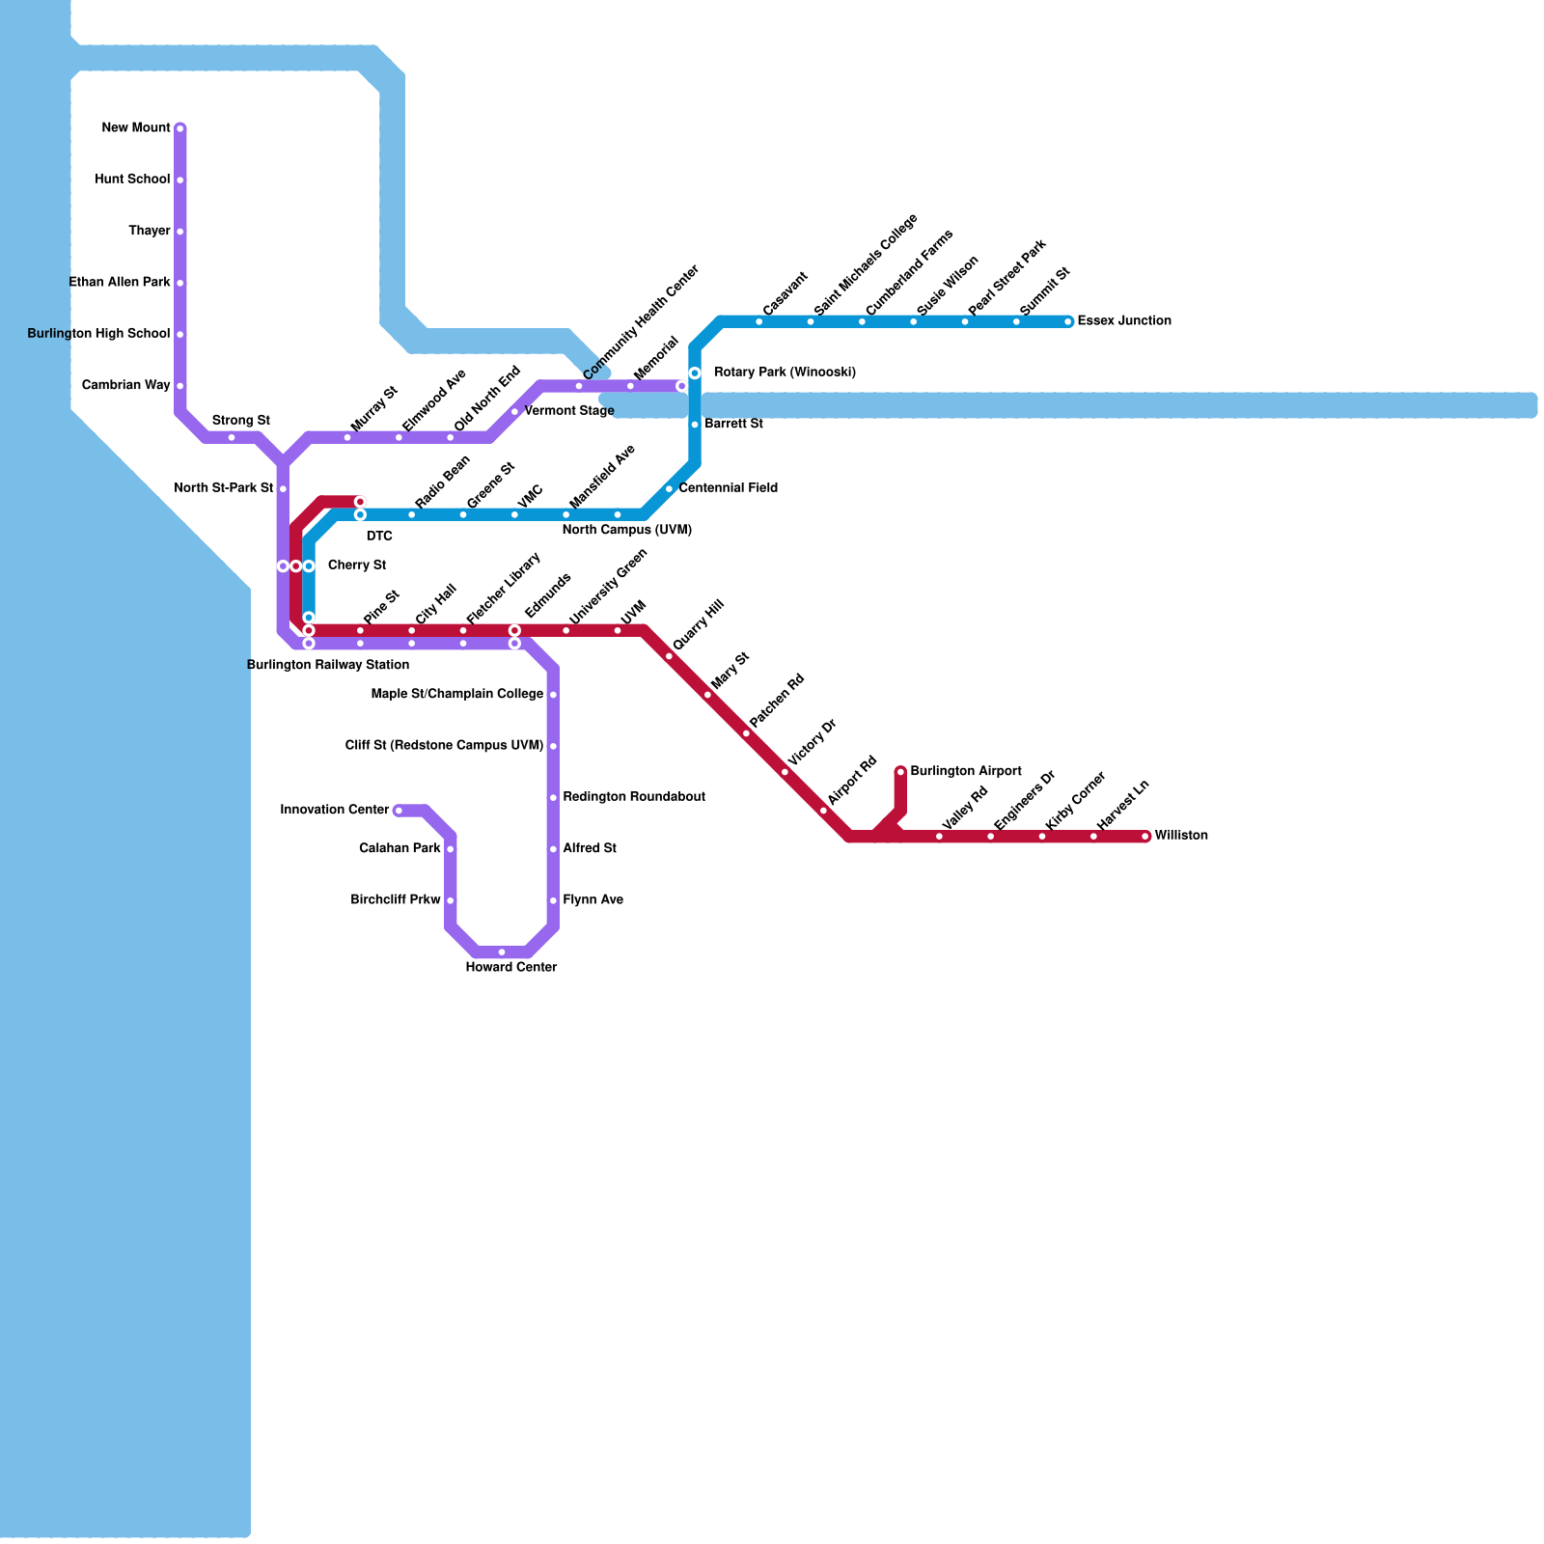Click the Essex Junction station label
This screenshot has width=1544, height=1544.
1124,321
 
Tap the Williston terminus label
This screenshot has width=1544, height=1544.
1181,836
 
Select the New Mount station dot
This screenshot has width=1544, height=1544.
180,128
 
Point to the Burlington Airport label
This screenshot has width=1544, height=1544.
966,772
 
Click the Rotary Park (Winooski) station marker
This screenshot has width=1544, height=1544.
695,373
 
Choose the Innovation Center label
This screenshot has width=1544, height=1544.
335,811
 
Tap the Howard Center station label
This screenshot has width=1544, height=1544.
511,968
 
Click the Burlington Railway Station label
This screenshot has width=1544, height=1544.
328,666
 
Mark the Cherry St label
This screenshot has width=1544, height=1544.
357,565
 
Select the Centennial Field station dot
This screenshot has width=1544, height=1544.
669,489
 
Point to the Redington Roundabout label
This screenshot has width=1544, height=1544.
634,798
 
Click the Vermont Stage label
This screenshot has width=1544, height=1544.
569,412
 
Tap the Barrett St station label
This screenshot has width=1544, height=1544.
734,425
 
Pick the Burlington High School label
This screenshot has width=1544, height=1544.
98,335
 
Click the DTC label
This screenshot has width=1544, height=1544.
379,537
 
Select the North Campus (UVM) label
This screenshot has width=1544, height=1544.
627,531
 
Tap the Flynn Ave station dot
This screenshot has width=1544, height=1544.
553,900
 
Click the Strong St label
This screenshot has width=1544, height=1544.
240,421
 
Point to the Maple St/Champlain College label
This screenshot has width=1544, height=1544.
457,695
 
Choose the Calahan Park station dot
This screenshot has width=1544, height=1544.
450,849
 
